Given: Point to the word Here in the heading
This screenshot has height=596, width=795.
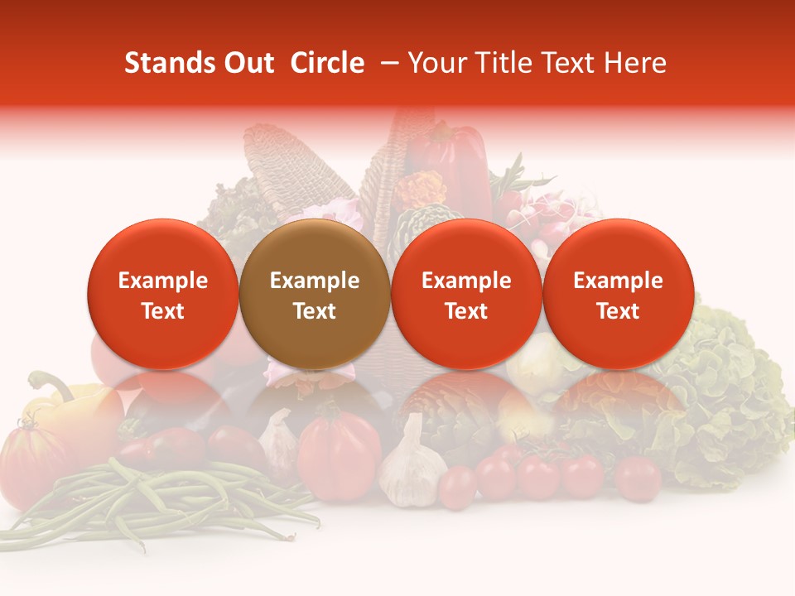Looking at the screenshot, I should (x=635, y=63).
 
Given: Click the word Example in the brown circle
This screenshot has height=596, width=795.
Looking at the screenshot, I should (x=315, y=281).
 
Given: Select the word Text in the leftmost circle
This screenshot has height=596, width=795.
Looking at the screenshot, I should (x=162, y=311).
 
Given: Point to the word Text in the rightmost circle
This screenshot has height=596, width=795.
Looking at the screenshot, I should (x=618, y=311).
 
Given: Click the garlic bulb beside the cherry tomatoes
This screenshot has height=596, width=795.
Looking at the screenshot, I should (x=411, y=469).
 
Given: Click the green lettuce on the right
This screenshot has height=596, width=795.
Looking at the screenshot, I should (x=729, y=397).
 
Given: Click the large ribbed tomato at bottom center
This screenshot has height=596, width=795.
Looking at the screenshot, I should (x=340, y=451).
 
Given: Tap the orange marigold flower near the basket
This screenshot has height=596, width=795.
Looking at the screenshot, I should (x=421, y=190).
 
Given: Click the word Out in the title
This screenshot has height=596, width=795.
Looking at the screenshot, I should (x=248, y=63).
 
